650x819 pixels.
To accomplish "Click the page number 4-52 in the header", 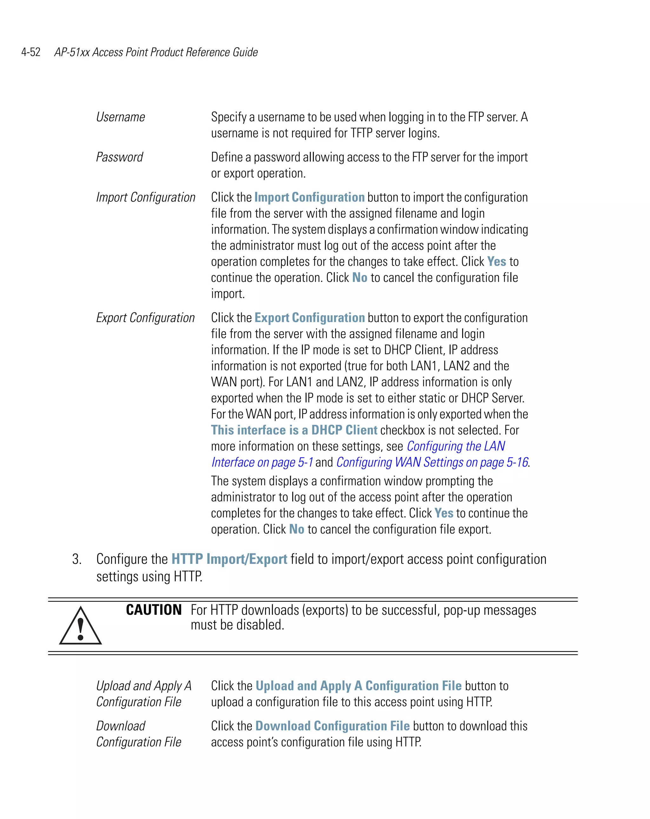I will point(31,52).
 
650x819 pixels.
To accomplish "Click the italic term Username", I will point(120,117).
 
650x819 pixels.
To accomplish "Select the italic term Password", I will point(120,157).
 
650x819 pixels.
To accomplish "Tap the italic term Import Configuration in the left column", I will point(145,198).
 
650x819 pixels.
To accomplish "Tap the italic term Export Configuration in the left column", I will point(145,318).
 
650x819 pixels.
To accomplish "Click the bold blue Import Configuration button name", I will point(309,198).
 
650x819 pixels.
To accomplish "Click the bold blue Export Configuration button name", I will point(309,318).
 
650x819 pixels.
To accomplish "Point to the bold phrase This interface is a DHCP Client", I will point(294,430).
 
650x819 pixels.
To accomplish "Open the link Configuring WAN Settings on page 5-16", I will point(432,462).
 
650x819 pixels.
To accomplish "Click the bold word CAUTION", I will point(154,610).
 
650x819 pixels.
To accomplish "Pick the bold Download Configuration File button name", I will point(332,726).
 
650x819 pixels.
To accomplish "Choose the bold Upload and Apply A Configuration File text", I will point(358,686).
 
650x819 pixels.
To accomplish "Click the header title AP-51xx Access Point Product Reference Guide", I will point(156,52).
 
